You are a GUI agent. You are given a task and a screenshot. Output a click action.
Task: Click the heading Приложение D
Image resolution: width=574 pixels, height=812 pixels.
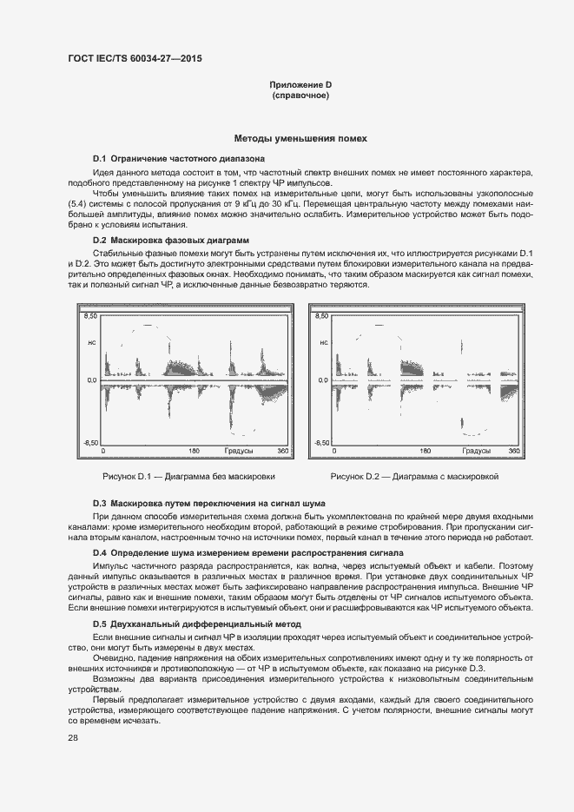(x=300, y=84)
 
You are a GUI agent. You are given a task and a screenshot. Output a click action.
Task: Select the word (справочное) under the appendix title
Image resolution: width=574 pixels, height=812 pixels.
(x=300, y=96)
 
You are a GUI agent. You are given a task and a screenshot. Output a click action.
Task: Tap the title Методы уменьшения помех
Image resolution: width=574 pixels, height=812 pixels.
(x=300, y=138)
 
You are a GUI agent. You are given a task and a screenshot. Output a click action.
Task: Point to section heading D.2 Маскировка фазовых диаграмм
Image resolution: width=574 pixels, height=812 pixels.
(x=170, y=239)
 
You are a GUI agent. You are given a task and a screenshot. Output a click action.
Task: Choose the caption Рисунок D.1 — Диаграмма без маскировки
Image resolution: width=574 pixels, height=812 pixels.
(x=188, y=477)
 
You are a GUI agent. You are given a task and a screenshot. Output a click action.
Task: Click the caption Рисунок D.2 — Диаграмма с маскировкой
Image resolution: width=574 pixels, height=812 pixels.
(x=414, y=477)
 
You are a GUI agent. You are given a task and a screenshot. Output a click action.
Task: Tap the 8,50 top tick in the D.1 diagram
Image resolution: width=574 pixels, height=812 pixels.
(x=90, y=318)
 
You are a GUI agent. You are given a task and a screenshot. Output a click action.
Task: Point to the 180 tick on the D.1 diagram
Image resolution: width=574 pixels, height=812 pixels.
(x=194, y=452)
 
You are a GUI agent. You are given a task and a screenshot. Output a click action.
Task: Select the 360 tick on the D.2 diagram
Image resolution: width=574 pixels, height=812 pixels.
(x=514, y=452)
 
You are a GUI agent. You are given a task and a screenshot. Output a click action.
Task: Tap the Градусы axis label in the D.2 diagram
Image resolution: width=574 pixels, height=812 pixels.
(x=477, y=452)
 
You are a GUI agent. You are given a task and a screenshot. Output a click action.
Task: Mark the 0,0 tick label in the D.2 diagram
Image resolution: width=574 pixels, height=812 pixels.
(x=323, y=380)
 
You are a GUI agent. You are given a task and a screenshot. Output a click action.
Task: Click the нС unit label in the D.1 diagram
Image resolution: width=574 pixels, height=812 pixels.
(x=90, y=343)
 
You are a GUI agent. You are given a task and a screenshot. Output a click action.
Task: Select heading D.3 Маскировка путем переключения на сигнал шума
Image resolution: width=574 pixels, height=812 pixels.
(x=208, y=504)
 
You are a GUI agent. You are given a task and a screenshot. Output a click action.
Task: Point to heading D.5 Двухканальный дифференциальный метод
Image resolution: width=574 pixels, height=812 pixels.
(x=196, y=624)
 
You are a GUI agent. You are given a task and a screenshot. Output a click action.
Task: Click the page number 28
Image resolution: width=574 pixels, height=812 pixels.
(x=73, y=737)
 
